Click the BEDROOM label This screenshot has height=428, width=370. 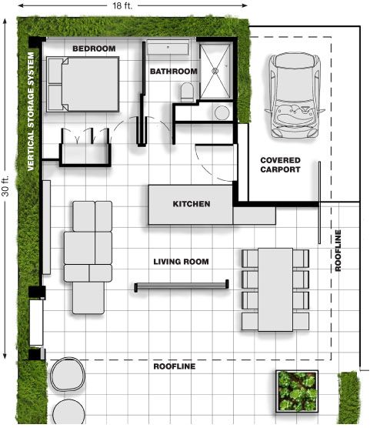pyautogui.click(x=94, y=48)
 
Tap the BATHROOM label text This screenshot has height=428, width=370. pyautogui.click(x=174, y=72)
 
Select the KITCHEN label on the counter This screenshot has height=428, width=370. pyautogui.click(x=192, y=204)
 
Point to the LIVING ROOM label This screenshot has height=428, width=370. pyautogui.click(x=181, y=262)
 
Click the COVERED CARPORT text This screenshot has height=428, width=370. pyautogui.click(x=280, y=165)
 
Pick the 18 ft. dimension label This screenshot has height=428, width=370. pyautogui.click(x=122, y=5)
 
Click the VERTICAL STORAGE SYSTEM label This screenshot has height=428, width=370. pyautogui.click(x=31, y=112)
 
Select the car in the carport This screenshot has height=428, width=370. pyautogui.click(x=295, y=95)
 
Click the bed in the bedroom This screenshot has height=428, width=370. pyautogui.click(x=82, y=84)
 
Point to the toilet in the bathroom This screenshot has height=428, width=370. pyautogui.click(x=187, y=92)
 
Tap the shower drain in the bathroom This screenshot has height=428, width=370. pyautogui.click(x=215, y=71)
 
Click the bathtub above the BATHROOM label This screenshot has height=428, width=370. pyautogui.click(x=168, y=48)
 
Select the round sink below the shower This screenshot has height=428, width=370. pyautogui.click(x=222, y=112)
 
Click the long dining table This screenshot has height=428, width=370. pyautogui.click(x=275, y=289)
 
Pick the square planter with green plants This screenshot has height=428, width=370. pyautogui.click(x=297, y=391)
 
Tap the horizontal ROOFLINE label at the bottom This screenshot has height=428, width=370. pyautogui.click(x=175, y=366)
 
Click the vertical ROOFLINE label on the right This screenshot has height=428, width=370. pyautogui.click(x=338, y=251)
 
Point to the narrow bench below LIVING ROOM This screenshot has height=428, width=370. pyautogui.click(x=182, y=286)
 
